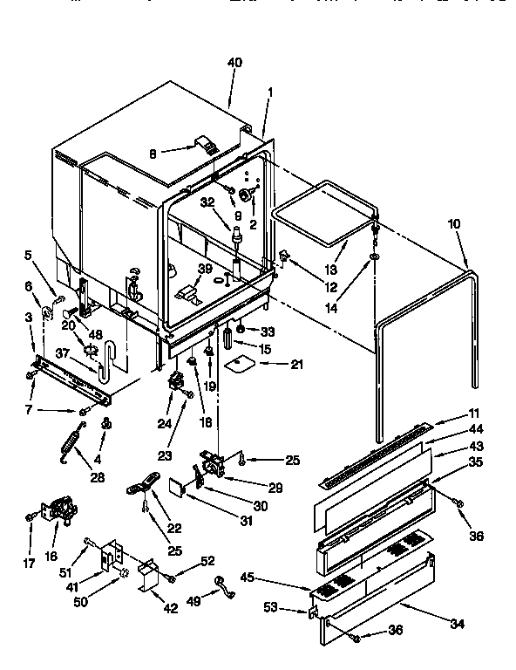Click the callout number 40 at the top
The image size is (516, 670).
[x=234, y=62]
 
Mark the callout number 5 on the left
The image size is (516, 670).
[x=29, y=256]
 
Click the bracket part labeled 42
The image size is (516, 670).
[x=146, y=577]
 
